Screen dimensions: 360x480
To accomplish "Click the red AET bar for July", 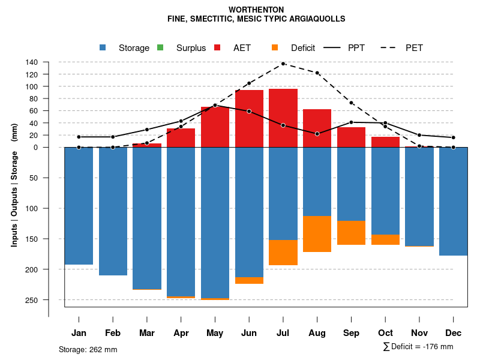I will (283, 118).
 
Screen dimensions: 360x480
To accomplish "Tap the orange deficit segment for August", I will (317, 234).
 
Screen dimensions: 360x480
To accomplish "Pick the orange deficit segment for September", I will (352, 233).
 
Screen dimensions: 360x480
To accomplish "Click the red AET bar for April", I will (181, 138).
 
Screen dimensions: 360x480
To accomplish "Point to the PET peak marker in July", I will (283, 64).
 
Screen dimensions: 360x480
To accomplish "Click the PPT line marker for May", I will (215, 105).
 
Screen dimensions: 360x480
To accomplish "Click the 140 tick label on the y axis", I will (32, 62).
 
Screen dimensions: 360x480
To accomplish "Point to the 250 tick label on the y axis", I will (32, 300).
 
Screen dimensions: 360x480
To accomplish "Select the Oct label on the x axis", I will (386, 333).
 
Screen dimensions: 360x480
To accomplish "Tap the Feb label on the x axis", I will (113, 333).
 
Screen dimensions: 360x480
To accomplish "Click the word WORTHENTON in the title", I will (256, 10).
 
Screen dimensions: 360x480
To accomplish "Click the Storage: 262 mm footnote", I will (88, 349).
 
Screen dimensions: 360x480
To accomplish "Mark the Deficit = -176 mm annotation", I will (418, 347).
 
